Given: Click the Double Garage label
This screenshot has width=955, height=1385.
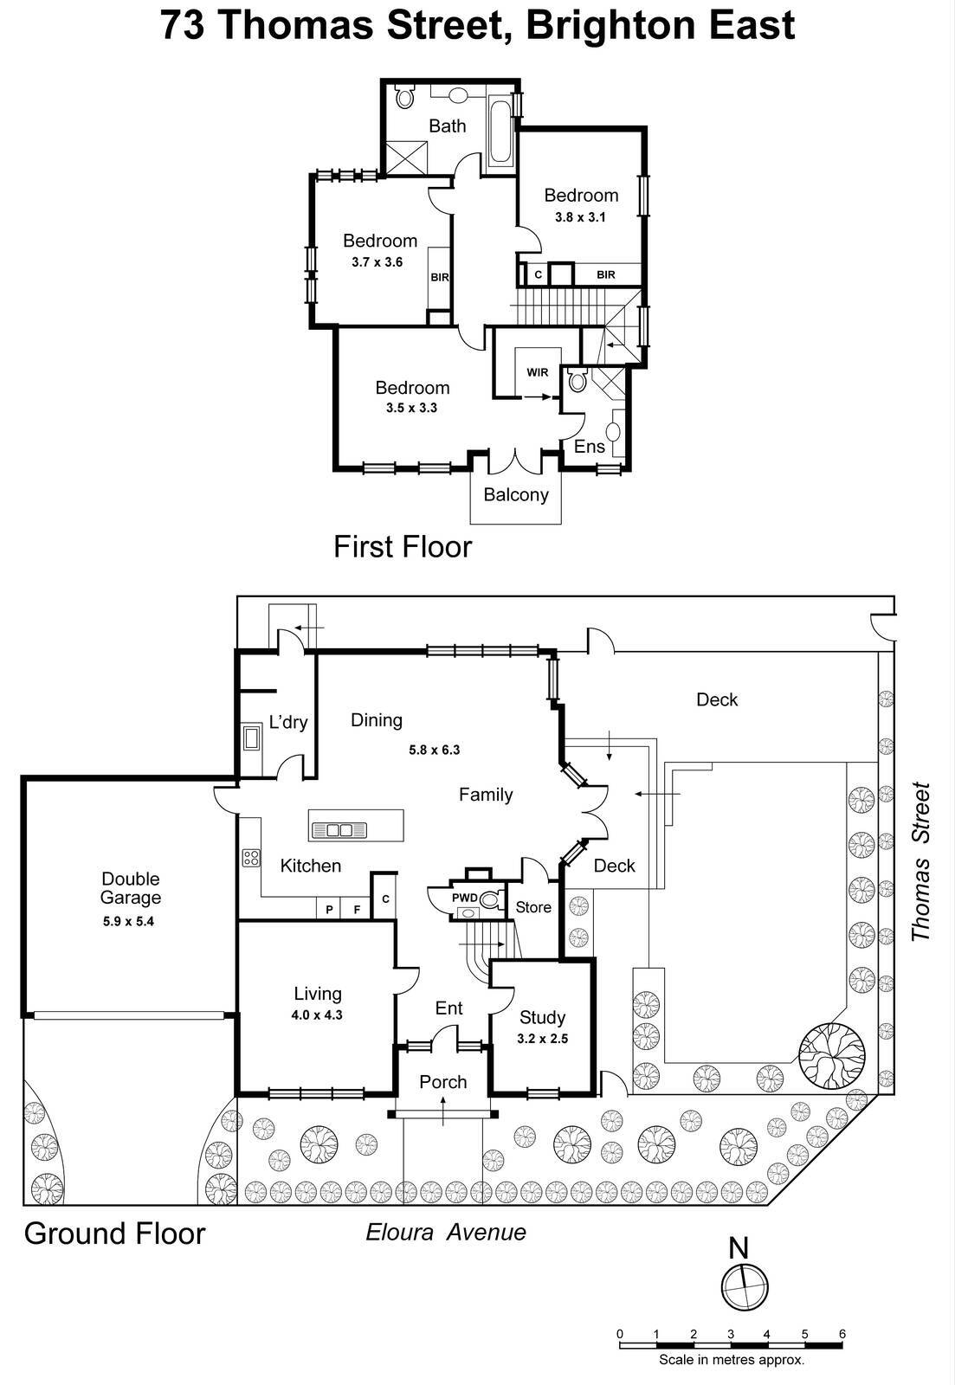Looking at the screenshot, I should (130, 888).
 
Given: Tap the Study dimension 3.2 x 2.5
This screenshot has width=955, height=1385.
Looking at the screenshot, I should (542, 1039).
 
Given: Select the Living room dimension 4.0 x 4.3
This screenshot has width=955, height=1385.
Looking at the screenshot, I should (317, 1015).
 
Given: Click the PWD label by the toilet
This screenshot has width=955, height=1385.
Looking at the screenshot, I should (464, 898).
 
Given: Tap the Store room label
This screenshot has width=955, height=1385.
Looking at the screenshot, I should (533, 907).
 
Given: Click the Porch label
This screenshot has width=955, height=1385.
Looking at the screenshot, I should (443, 1082).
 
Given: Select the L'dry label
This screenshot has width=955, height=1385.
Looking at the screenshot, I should (288, 722).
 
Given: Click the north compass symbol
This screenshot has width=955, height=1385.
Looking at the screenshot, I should (744, 1285).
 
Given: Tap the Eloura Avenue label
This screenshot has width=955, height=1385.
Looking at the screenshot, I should (446, 1232).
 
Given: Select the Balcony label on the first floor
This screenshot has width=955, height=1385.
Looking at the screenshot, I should (516, 495).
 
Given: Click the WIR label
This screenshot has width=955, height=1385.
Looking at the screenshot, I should (538, 372).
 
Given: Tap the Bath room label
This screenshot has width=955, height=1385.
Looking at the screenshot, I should (448, 126).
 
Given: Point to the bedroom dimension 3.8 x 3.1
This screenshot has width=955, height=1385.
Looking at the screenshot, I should (580, 217).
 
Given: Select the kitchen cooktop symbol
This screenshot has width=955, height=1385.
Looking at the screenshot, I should (251, 858).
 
